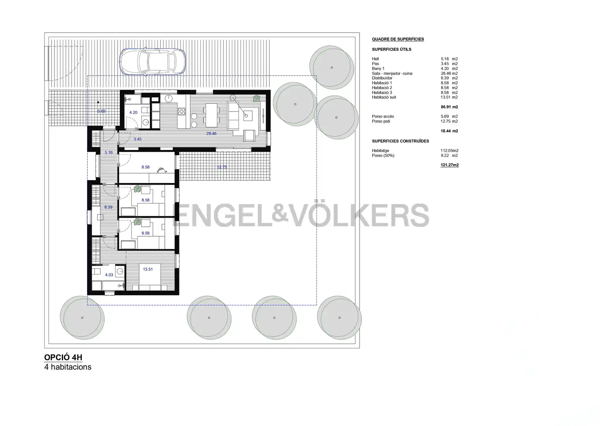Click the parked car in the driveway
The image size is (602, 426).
tap(153, 62)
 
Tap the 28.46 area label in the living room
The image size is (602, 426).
tap(211, 133)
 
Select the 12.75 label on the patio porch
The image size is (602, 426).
tap(222, 167)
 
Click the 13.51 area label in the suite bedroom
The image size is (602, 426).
tap(148, 269)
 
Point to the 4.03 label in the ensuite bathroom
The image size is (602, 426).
tap(109, 275)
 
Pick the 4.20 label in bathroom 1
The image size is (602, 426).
tap(133, 112)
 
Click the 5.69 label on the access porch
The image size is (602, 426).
tap(101, 111)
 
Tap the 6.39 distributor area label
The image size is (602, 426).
tap(108, 207)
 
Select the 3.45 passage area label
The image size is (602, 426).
tap(138, 139)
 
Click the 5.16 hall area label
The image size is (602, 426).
tap(108, 153)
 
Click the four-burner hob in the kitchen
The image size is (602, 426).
tap(182, 111)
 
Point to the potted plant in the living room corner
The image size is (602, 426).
tap(257, 99)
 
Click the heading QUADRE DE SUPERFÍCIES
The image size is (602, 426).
tap(398, 39)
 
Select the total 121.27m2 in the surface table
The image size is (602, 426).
tap(449, 165)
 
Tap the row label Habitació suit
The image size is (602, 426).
tap(384, 97)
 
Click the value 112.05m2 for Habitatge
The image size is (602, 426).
tap(449, 151)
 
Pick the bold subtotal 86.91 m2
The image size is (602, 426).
tap(449, 107)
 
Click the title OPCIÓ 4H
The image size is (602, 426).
tap(63, 357)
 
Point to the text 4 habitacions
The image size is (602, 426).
tap(68, 367)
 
